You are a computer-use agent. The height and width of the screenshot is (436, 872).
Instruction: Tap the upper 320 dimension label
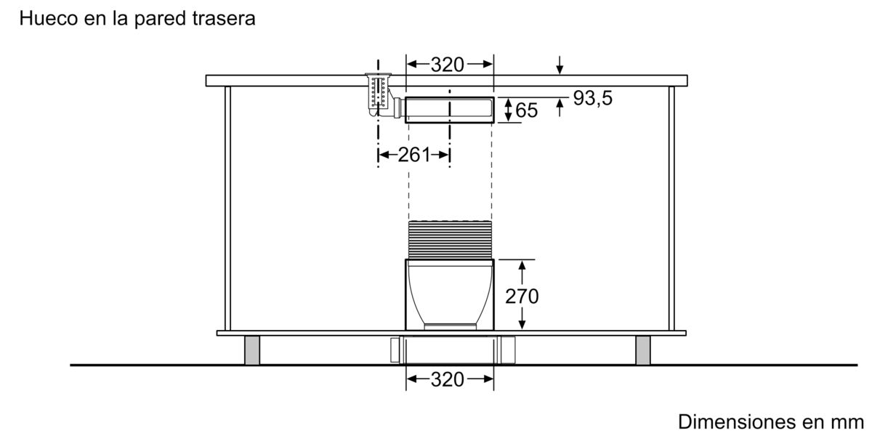click(448, 65)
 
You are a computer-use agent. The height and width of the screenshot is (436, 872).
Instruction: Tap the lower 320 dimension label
click(448, 379)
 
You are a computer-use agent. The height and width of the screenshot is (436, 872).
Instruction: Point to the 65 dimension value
click(527, 110)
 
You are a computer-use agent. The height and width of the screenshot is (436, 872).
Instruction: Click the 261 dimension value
click(415, 154)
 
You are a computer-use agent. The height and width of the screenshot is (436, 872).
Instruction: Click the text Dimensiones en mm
click(771, 422)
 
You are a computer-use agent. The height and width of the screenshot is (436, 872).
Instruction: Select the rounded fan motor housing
click(448, 291)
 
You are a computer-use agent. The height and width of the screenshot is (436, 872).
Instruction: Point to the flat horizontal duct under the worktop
click(449, 110)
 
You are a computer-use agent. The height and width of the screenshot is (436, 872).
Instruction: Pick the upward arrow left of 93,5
click(559, 108)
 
